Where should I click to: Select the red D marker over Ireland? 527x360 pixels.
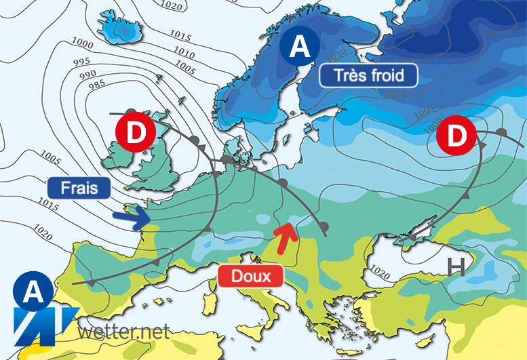136,133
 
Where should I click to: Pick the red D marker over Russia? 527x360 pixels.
458,136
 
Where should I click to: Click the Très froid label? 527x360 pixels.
368,75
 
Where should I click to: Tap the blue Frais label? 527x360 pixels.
79,188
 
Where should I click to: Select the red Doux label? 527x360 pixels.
250,276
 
